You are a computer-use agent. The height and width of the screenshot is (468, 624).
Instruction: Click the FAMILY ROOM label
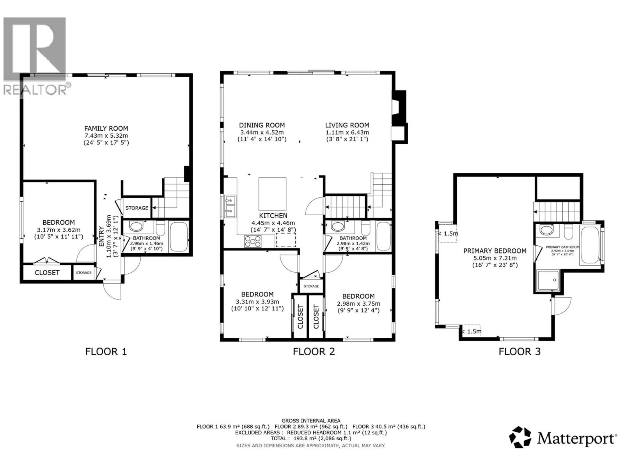[106, 128]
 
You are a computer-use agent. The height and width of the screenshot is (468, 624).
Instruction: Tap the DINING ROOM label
[262, 125]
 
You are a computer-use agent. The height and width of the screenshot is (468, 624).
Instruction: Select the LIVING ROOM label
[347, 125]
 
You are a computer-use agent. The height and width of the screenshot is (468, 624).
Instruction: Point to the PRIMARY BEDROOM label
[495, 251]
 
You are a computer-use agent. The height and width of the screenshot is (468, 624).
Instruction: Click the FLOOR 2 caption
[314, 351]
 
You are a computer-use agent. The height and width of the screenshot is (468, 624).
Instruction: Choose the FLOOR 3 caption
[519, 351]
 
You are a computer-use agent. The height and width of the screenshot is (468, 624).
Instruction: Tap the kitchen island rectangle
[272, 194]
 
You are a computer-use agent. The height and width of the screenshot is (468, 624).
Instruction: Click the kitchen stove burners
[253, 241]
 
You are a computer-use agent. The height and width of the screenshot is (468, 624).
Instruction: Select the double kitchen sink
[230, 206]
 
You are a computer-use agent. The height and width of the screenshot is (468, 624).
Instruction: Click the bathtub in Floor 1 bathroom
[179, 237]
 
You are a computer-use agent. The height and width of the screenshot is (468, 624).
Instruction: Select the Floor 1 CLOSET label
[47, 273]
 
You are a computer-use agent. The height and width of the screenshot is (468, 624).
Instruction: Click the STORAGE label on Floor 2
[311, 286]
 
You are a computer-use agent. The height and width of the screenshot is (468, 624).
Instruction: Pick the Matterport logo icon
[520, 437]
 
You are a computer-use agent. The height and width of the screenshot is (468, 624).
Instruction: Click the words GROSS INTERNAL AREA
[311, 420]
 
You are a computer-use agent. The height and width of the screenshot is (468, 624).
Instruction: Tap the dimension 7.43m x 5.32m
[106, 136]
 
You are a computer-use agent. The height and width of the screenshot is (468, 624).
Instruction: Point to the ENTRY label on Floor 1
[101, 237]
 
